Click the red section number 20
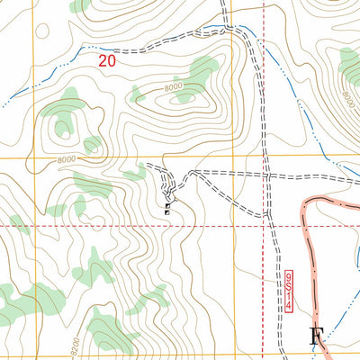click(x=108, y=62)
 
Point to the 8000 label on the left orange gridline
click(x=40, y=161)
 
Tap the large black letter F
click(x=316, y=338)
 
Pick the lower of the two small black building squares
click(x=167, y=209)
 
